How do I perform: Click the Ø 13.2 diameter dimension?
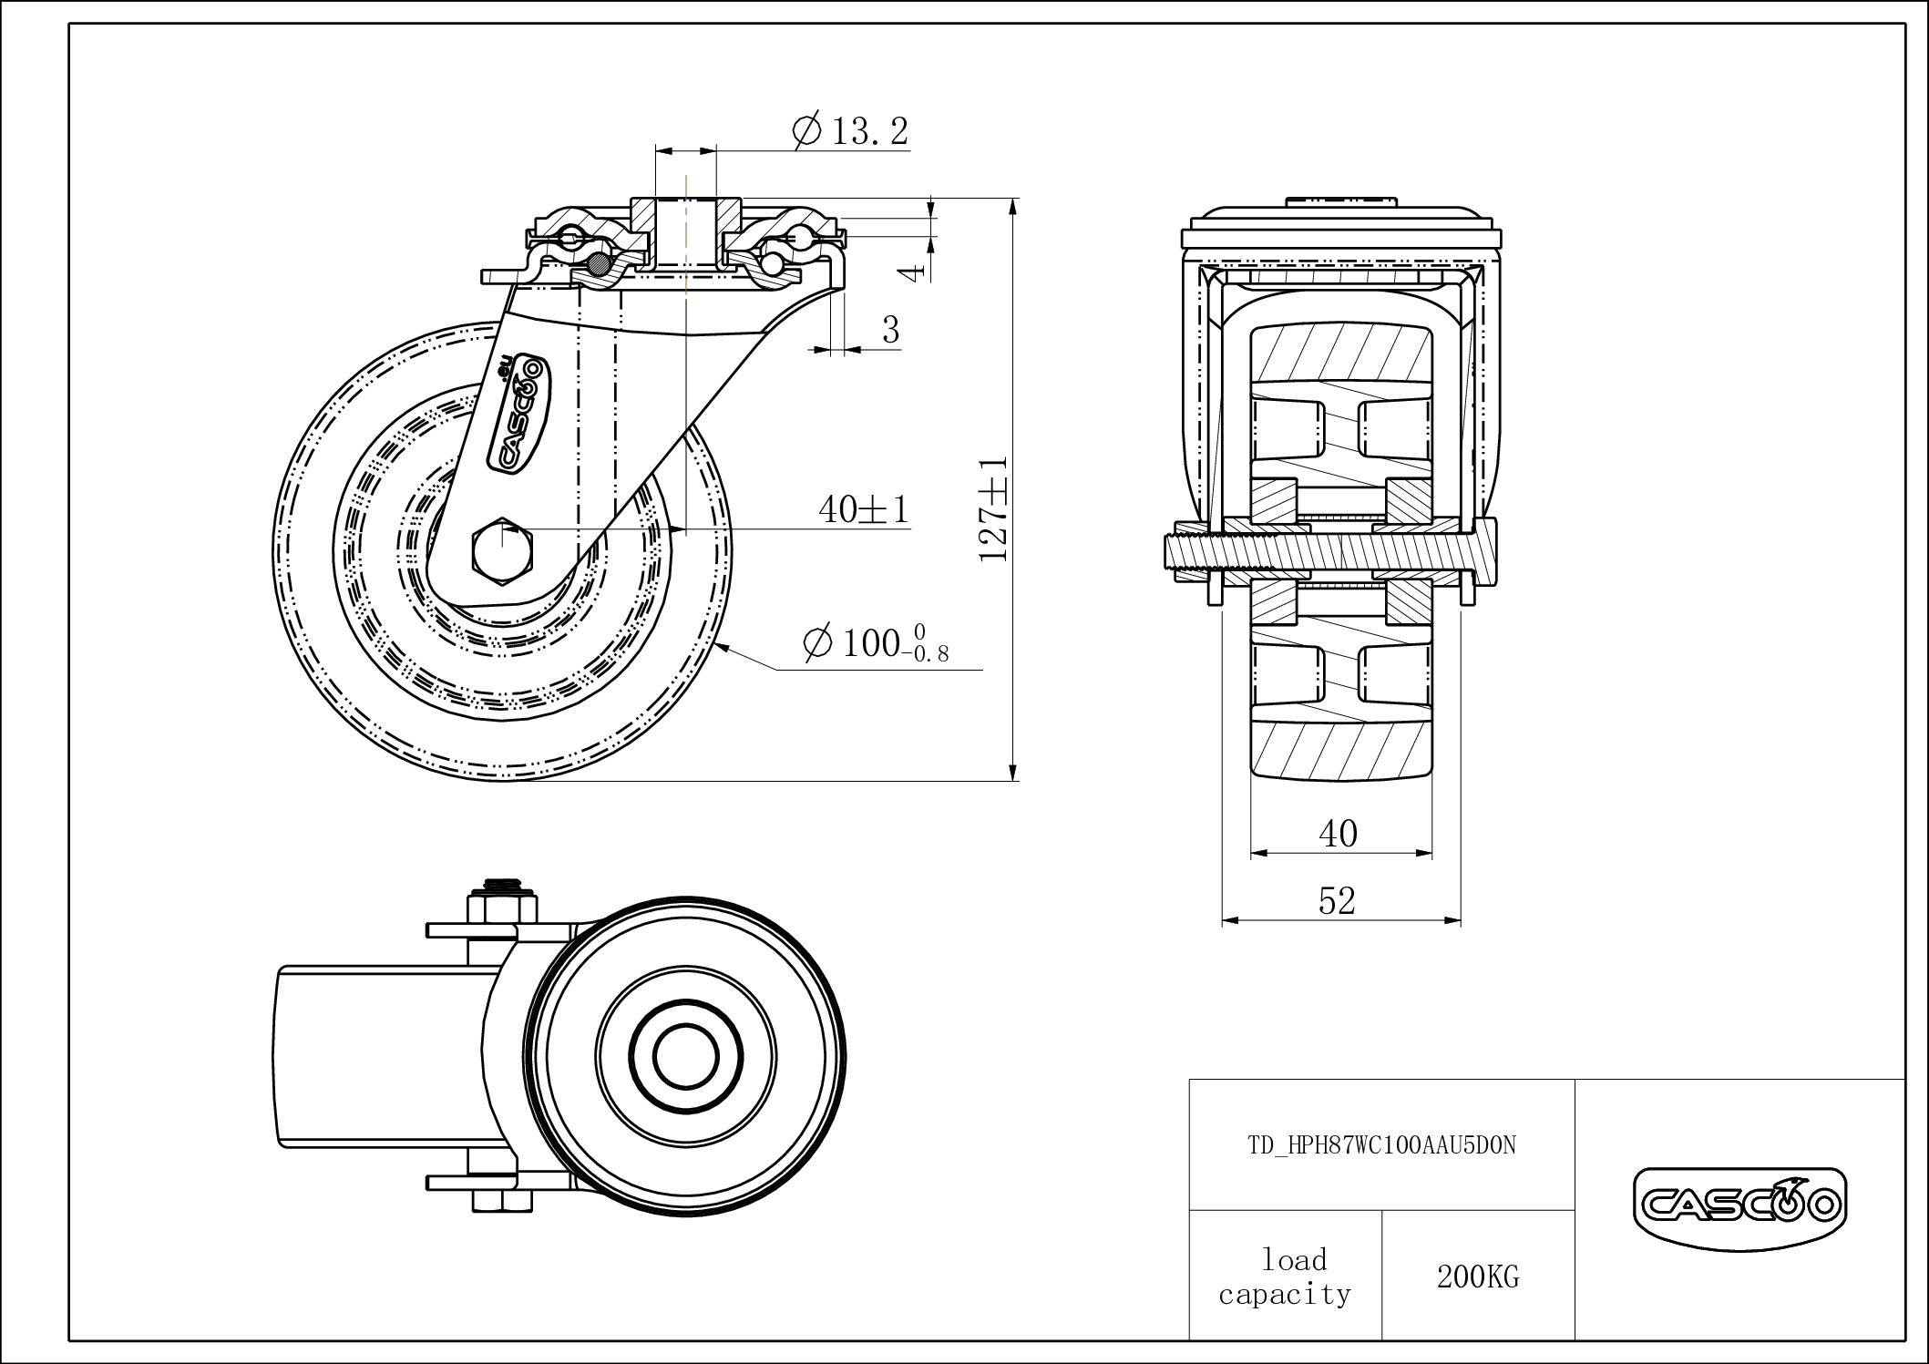pyautogui.click(x=851, y=130)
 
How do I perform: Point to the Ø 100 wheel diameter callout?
pyautogui.click(x=876, y=642)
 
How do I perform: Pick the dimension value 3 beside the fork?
pyautogui.click(x=890, y=330)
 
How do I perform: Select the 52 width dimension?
pyautogui.click(x=1337, y=901)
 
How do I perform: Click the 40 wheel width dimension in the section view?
pyautogui.click(x=1338, y=833)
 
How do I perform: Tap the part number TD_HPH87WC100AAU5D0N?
pyautogui.click(x=1381, y=1145)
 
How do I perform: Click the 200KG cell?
pyautogui.click(x=1478, y=1277)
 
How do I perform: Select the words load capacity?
pyautogui.click(x=1285, y=1277)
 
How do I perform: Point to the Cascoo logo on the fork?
pyautogui.click(x=518, y=415)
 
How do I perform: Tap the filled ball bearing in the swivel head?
pyautogui.click(x=598, y=265)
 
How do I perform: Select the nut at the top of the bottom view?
pyautogui.click(x=501, y=908)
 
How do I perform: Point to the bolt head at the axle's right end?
pyautogui.click(x=1483, y=551)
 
